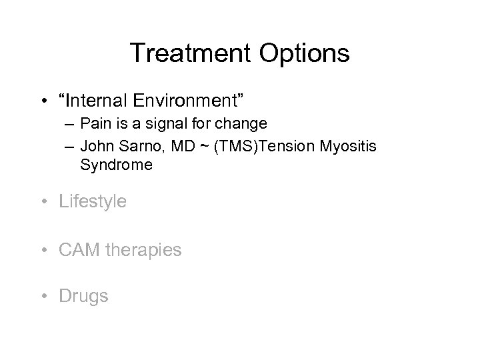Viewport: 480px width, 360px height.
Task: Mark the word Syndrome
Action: pos(116,165)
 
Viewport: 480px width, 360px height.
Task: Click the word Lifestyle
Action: pos(93,201)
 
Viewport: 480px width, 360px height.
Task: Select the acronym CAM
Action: pos(77,249)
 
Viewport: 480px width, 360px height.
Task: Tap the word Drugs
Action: pos(83,296)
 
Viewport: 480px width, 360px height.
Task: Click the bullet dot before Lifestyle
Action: pos(45,201)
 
